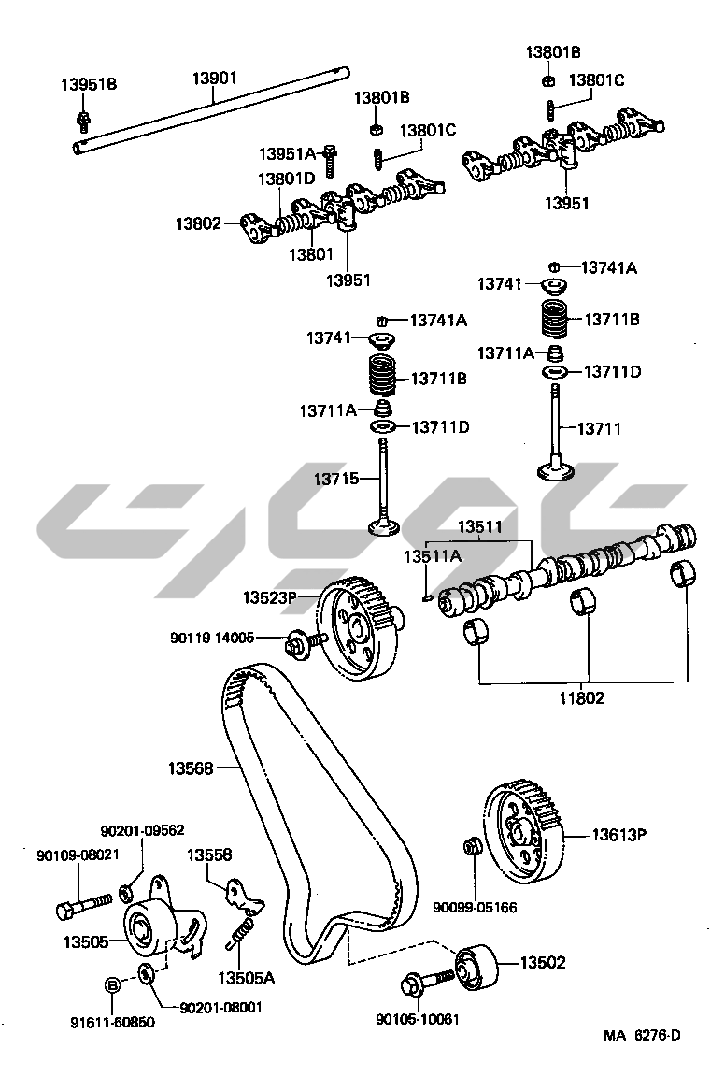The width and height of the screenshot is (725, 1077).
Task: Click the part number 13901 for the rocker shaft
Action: pos(215,78)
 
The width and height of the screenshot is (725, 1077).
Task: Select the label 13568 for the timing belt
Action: pos(191,768)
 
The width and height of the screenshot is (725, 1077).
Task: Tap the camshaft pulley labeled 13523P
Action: pos(360,631)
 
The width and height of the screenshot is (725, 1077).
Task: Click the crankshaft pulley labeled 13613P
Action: pos(524,835)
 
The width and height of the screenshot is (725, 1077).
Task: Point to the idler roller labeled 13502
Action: pos(474,969)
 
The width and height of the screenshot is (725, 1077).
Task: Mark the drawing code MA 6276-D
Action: pos(642,1035)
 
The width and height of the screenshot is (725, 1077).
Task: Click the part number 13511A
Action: pos(432,556)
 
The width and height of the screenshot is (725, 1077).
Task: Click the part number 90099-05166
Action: pos(474,907)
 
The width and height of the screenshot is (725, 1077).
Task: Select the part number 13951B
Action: pos(89,84)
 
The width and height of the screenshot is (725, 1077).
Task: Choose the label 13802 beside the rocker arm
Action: pos(198,223)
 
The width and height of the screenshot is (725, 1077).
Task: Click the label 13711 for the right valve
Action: pos(598,429)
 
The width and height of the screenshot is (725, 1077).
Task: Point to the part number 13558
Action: pos(209,854)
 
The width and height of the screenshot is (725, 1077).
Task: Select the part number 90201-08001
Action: pos(220,1007)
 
